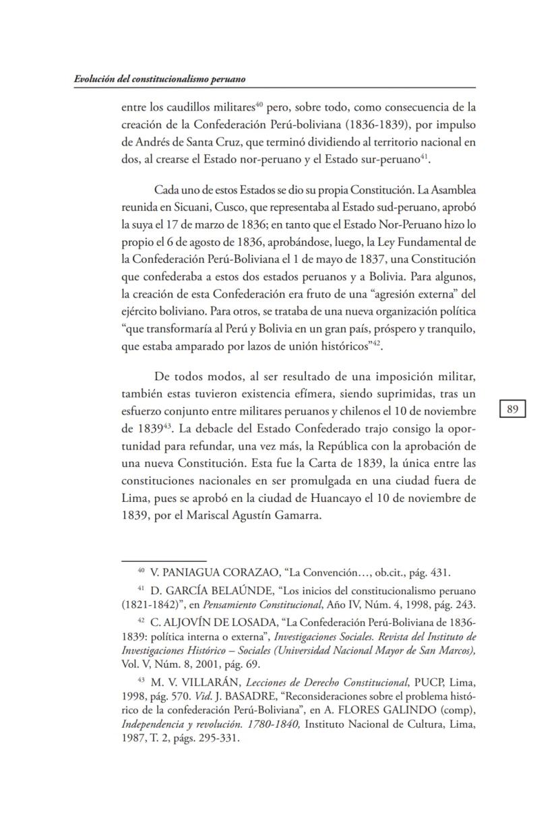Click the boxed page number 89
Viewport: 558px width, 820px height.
512,409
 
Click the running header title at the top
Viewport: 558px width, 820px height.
159,79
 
